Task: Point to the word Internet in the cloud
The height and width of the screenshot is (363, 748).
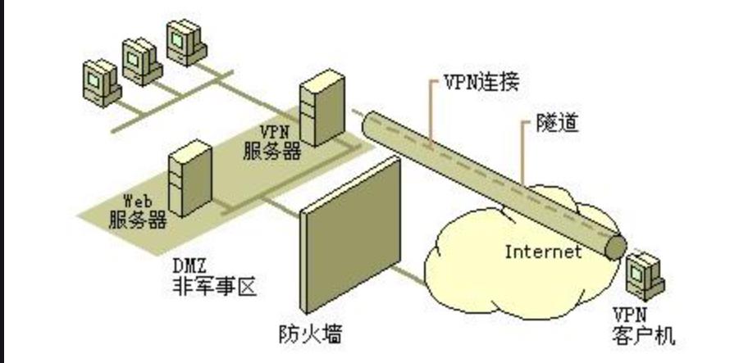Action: click(542, 251)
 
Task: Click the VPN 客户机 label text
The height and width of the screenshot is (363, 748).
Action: click(642, 326)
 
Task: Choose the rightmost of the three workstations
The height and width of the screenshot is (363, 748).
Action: click(184, 38)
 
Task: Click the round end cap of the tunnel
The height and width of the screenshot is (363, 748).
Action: click(614, 247)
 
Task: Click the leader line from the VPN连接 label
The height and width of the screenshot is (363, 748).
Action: click(432, 114)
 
